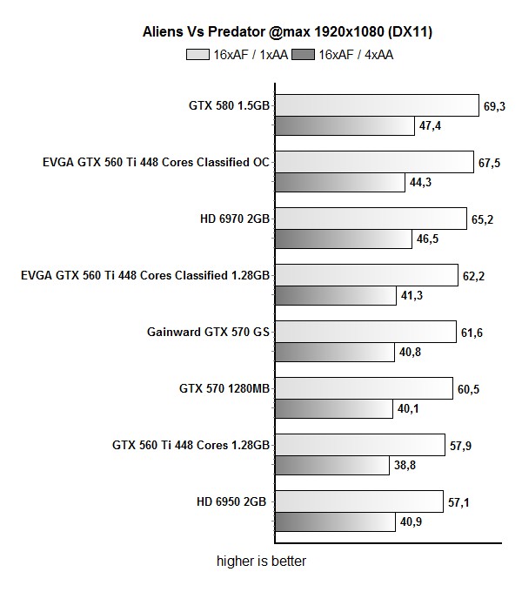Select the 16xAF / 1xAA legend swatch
pyautogui.click(x=197, y=54)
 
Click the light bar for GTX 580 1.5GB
pyautogui.click(x=377, y=105)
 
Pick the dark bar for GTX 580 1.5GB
pyautogui.click(x=345, y=125)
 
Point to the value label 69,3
pyautogui.click(x=494, y=106)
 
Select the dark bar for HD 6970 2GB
pyautogui.click(x=344, y=238)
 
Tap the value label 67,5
pyautogui.click(x=489, y=163)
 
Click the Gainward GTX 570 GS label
pyautogui.click(x=210, y=332)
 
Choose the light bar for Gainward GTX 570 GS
pyautogui.click(x=365, y=332)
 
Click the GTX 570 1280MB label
pyautogui.click(x=224, y=388)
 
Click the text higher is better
pyautogui.click(x=261, y=562)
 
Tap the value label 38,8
pyautogui.click(x=405, y=465)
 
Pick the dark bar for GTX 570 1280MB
pyautogui.click(x=334, y=408)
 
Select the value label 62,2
pyautogui.click(x=474, y=276)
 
